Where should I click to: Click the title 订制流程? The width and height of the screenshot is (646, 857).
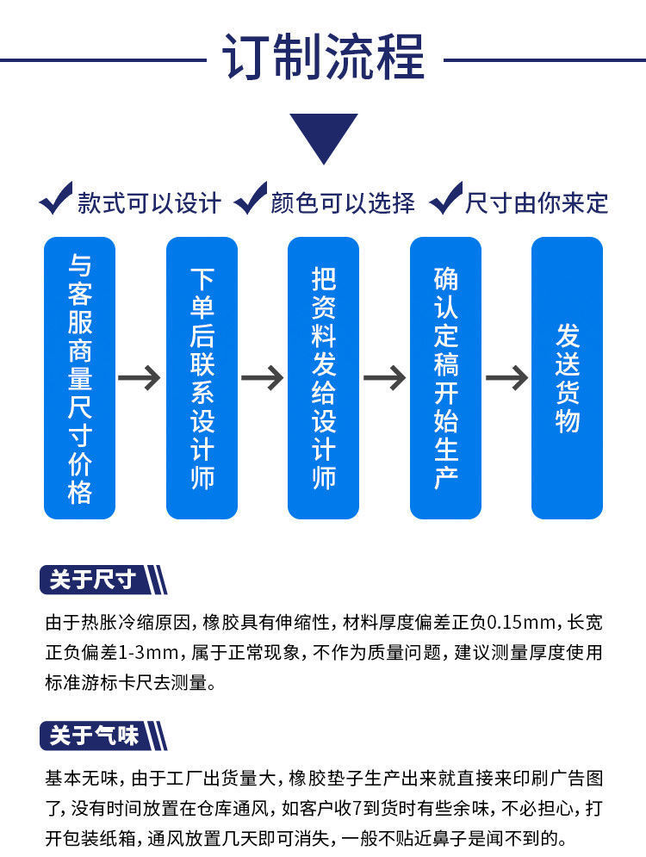point(323,59)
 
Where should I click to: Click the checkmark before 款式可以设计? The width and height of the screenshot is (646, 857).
point(56,200)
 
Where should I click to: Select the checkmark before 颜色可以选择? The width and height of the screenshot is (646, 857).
point(250,200)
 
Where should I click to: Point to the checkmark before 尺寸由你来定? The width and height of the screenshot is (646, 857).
point(445,200)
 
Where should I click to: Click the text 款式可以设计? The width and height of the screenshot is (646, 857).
point(149,203)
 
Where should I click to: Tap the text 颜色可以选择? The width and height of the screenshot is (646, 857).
point(343,203)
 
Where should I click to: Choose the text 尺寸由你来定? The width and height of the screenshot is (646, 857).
point(537,203)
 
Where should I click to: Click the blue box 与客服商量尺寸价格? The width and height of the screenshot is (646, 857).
point(79,377)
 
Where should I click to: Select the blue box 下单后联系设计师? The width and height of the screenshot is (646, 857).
point(202,377)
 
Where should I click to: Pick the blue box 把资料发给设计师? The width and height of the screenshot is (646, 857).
point(323,377)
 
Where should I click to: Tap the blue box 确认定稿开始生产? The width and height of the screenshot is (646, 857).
point(445,377)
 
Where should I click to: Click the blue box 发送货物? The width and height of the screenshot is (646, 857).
point(567,377)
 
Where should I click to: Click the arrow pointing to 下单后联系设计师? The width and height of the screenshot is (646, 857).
point(140,377)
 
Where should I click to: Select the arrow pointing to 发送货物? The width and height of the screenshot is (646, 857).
point(506,377)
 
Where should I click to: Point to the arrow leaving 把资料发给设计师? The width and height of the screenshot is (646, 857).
point(384,377)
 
